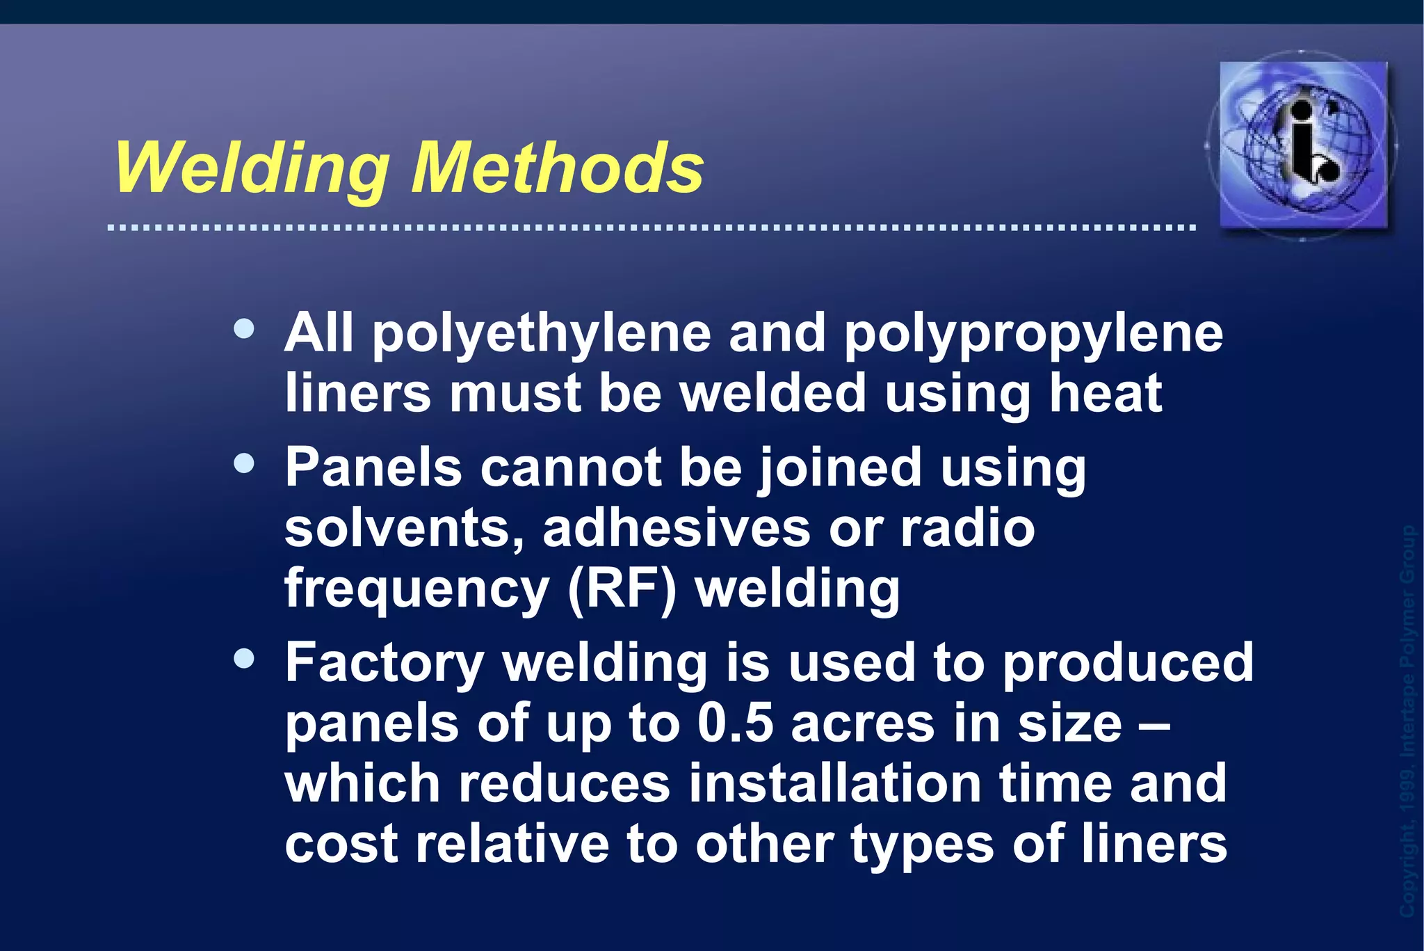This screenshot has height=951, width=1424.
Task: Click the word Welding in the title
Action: (251, 168)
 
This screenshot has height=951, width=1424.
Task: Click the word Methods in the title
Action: (557, 168)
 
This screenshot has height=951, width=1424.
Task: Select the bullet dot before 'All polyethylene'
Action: (244, 328)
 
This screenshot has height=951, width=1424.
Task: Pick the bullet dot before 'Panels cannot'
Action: (244, 463)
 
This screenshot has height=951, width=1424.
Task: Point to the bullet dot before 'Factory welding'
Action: (244, 658)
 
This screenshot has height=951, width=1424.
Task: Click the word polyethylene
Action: (542, 334)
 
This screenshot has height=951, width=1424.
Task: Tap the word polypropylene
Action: (1033, 334)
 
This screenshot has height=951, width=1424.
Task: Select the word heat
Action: (1106, 394)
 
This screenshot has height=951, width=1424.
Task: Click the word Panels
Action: (373, 467)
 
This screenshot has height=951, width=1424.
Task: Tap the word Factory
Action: (384, 662)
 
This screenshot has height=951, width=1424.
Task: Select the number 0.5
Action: (735, 724)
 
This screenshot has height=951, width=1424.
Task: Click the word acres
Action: (863, 724)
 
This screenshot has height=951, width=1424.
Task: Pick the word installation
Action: (834, 783)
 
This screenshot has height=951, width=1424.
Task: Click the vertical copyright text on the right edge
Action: (1407, 720)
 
